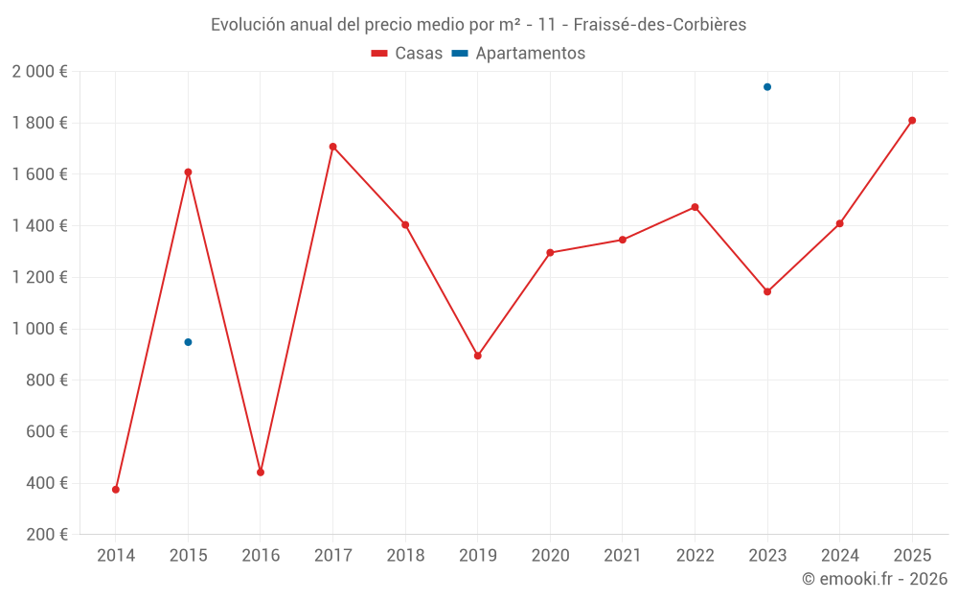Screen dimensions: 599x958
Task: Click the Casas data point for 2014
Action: [x=116, y=490]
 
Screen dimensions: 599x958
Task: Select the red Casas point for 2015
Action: [x=188, y=173]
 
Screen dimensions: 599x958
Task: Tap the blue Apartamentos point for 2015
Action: [x=188, y=342]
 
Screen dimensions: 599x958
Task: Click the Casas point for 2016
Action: [x=261, y=472]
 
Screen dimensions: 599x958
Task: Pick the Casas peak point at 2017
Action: [x=333, y=147]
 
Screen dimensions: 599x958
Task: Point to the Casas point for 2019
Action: [x=478, y=356]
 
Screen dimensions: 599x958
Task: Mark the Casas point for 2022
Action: [x=696, y=207]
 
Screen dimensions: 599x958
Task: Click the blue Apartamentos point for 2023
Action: [x=767, y=87]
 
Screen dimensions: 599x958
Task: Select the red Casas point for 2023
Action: [x=767, y=291]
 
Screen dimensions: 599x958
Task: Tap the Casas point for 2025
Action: [x=912, y=121]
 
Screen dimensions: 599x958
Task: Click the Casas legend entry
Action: [x=407, y=54]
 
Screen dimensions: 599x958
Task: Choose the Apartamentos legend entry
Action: [x=518, y=54]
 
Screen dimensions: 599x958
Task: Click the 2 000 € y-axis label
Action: [x=39, y=72]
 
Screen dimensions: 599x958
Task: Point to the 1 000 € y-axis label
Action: [x=39, y=329]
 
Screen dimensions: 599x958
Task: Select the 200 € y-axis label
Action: [x=45, y=535]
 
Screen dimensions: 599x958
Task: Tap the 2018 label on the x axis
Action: [x=405, y=556]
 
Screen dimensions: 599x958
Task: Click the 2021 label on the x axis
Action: [x=623, y=556]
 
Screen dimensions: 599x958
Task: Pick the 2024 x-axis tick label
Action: [x=840, y=556]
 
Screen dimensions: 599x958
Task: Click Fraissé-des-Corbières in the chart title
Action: [x=660, y=25]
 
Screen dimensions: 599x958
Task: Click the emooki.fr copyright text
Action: [x=875, y=579]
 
